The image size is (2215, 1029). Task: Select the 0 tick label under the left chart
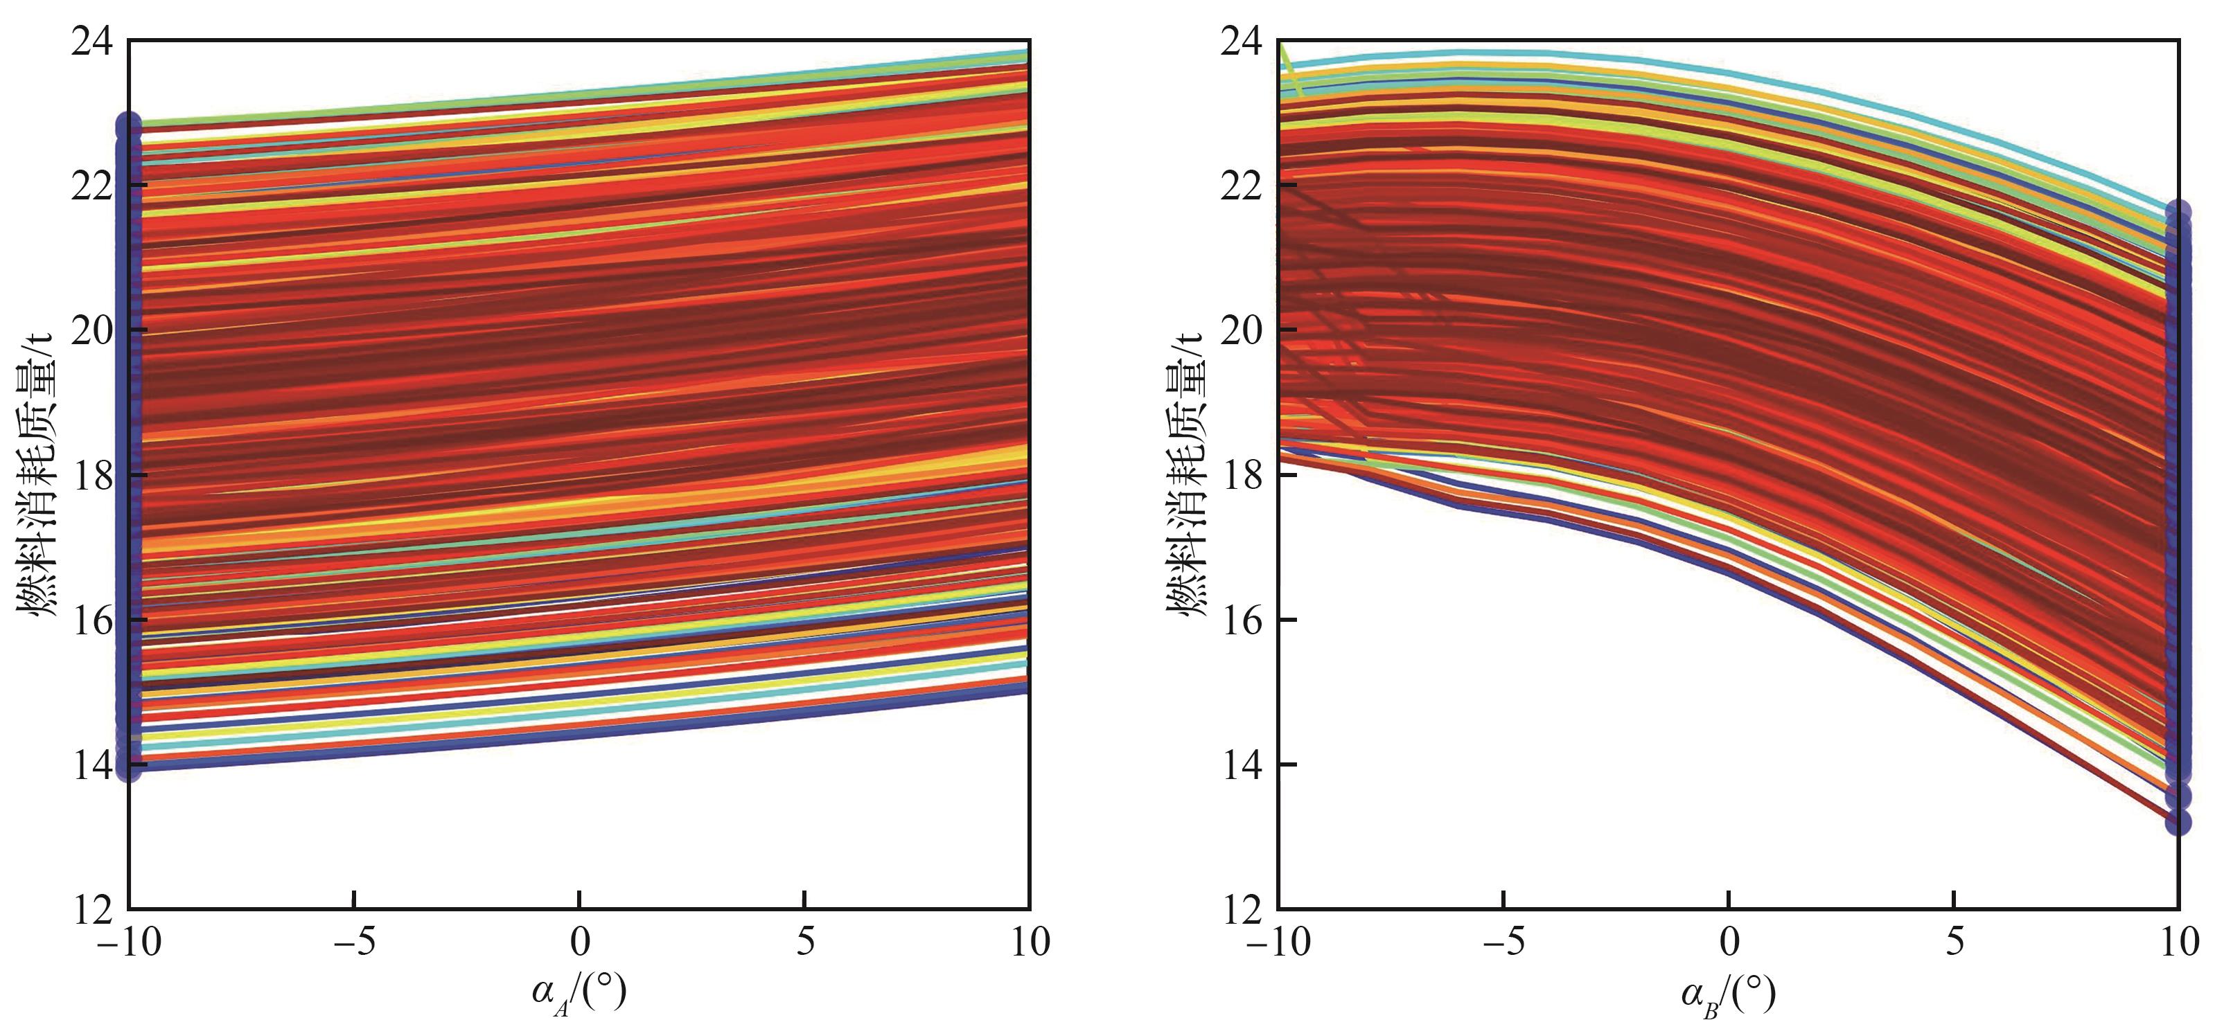(x=581, y=943)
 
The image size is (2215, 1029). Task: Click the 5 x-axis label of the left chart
(x=805, y=943)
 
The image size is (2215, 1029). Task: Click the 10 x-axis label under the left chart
(x=1030, y=943)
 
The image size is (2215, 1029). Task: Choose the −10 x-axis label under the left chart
(x=129, y=943)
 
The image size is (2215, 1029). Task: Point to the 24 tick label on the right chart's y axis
(x=1242, y=42)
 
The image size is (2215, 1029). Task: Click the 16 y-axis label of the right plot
(x=1242, y=620)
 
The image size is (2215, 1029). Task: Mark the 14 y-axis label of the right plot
(x=1242, y=764)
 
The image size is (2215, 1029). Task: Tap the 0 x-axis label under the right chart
(x=1729, y=943)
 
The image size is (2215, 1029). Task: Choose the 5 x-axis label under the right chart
(x=1954, y=943)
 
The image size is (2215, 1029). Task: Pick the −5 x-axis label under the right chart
(x=1505, y=943)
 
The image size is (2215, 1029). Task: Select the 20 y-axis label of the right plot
(x=1242, y=330)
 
